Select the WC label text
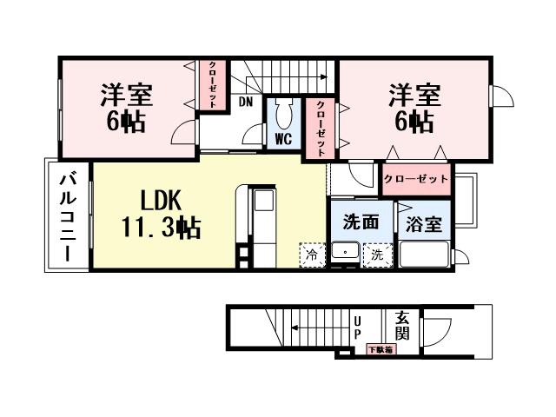(x=283, y=139)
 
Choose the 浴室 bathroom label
(x=423, y=223)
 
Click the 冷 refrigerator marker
(x=310, y=255)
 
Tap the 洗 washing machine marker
(x=377, y=255)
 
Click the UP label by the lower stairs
(x=357, y=327)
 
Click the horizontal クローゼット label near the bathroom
(x=416, y=178)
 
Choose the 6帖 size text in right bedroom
(x=414, y=122)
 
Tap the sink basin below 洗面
(x=346, y=254)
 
